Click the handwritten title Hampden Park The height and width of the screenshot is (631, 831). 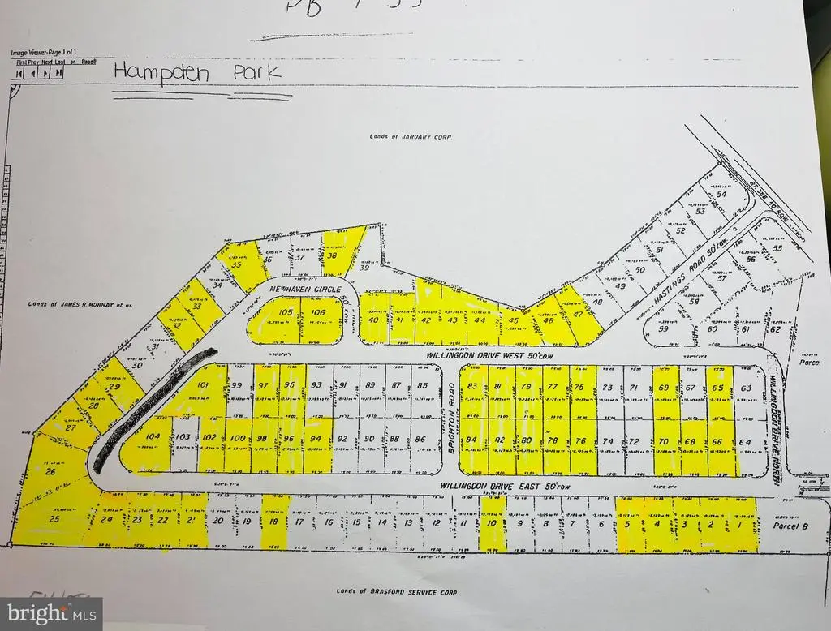pos(197,71)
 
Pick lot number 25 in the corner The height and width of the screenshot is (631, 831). pos(54,519)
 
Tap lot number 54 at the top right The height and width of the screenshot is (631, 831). pos(720,194)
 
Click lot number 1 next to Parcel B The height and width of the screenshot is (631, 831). pos(739,525)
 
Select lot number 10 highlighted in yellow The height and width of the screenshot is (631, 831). pos(492,524)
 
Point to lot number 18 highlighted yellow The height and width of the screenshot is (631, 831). pos(273,522)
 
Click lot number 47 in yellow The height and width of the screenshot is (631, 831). pos(578,313)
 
